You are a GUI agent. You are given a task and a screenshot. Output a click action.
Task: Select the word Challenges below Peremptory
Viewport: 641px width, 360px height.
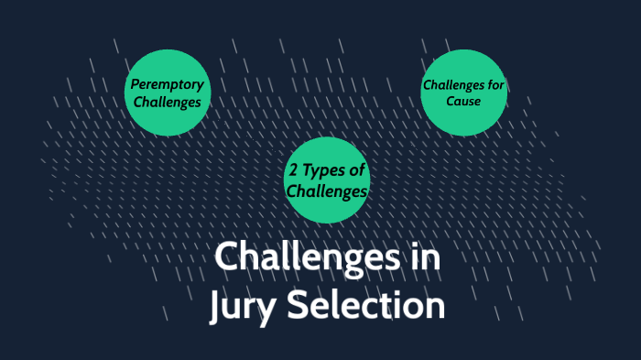[x=167, y=102]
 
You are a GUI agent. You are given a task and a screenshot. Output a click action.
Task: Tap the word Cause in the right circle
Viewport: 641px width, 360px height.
[x=463, y=101]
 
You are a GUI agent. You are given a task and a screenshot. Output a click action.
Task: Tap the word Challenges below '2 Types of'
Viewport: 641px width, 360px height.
[x=327, y=191]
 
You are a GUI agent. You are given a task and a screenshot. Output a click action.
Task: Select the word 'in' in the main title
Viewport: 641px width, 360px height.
[x=423, y=257]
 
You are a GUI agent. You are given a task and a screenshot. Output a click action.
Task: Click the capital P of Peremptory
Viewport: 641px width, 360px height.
[x=134, y=84]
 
